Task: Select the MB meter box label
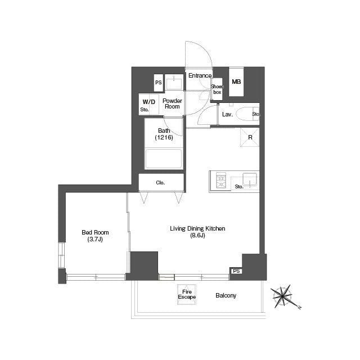pyautogui.click(x=236, y=82)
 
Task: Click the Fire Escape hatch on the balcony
pyautogui.click(x=187, y=294)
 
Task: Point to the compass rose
pyautogui.click(x=282, y=296)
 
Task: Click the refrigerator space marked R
pyautogui.click(x=250, y=137)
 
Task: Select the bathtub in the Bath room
pyautogui.click(x=164, y=159)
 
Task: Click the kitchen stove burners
pyautogui.click(x=221, y=181)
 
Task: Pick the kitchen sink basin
pyautogui.click(x=250, y=179)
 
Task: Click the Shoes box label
pyautogui.click(x=217, y=89)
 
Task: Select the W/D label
pyautogui.click(x=148, y=102)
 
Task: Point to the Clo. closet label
pyautogui.click(x=160, y=183)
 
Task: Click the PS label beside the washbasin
pyautogui.click(x=159, y=83)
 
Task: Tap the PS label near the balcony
pyautogui.click(x=236, y=271)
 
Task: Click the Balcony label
pyautogui.click(x=226, y=295)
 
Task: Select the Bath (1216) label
pyautogui.click(x=164, y=134)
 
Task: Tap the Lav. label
pyautogui.click(x=227, y=114)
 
